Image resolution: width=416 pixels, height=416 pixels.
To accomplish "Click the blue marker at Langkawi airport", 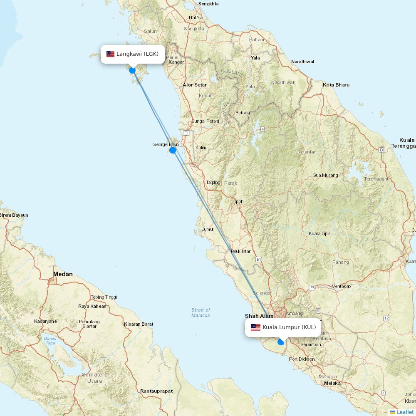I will click(132, 70).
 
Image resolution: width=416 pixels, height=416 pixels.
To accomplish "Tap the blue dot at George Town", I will click(173, 150).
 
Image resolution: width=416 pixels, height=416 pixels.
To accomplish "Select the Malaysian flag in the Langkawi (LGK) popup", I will click(110, 54).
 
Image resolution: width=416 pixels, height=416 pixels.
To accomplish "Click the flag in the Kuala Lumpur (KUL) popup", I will click(255, 327).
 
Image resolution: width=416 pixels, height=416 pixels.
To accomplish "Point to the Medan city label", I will click(63, 274).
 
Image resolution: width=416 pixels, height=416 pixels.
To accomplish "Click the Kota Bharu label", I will click(336, 85).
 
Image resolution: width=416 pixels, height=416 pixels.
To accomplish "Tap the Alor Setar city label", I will click(195, 85).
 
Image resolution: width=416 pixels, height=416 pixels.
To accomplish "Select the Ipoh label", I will click(239, 201).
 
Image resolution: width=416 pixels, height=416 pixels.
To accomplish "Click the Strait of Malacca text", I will click(201, 312).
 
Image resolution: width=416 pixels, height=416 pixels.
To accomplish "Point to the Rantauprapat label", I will click(156, 391).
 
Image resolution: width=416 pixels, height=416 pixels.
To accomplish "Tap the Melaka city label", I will click(332, 383).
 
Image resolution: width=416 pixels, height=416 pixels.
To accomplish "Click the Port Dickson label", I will click(302, 359).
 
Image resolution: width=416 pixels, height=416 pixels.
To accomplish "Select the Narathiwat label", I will click(302, 62).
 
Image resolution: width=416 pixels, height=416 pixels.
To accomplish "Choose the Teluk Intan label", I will click(241, 251).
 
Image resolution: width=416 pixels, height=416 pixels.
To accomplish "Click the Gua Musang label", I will click(325, 175).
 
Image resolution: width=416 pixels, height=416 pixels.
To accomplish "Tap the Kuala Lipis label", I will click(319, 233).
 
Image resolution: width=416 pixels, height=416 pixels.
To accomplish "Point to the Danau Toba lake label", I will click(50, 341).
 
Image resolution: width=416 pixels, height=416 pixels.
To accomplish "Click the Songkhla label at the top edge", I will click(209, 4).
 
